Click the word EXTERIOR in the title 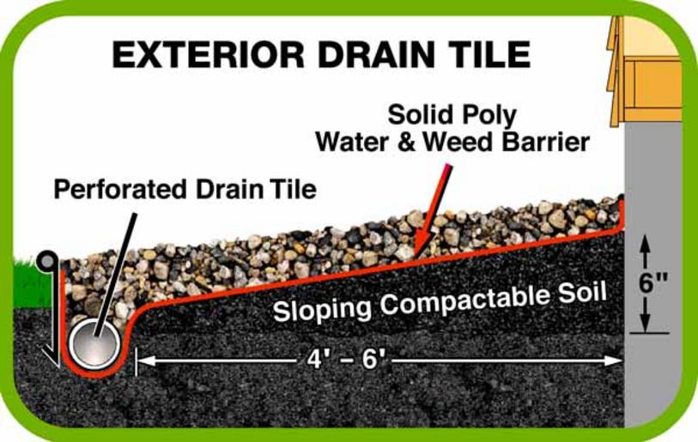(x=209, y=54)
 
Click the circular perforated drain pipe (x=94, y=343)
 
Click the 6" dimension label (x=653, y=282)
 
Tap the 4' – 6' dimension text (x=345, y=359)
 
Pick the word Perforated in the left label (x=120, y=189)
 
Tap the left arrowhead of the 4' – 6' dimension (x=146, y=360)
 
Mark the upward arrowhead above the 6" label (x=646, y=245)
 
